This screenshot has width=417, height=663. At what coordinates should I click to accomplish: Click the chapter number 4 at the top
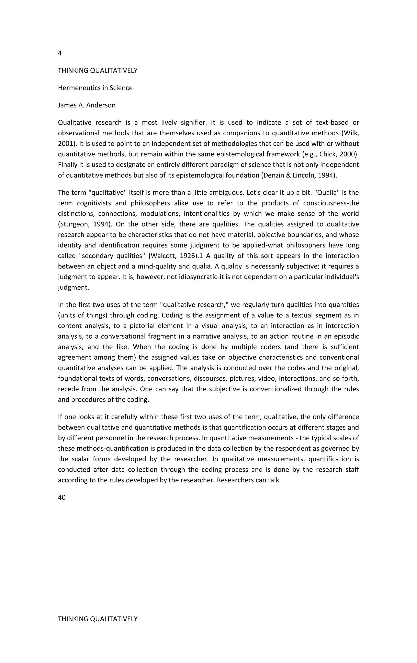click(x=60, y=53)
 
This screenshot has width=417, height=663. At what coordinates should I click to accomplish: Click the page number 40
click(x=62, y=497)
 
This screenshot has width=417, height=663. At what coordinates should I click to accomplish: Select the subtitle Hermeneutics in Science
click(x=95, y=88)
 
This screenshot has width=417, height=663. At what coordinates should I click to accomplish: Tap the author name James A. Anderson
click(x=87, y=105)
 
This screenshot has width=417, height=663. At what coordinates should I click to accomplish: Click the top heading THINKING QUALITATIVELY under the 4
click(x=98, y=71)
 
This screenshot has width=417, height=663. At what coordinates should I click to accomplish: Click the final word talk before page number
click(x=273, y=480)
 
